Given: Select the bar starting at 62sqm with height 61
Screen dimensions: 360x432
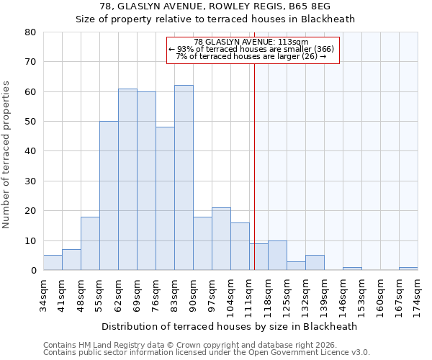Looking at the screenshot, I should tap(127, 179).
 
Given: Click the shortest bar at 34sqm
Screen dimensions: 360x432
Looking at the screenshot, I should tap(53, 263).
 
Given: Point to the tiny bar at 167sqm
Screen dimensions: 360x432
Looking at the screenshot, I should tap(408, 269).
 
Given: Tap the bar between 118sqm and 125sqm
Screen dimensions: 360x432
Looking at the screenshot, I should tap(277, 256).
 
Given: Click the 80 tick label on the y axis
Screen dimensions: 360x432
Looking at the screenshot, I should tap(30, 32).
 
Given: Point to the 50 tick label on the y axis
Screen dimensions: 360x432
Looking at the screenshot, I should tap(30, 122).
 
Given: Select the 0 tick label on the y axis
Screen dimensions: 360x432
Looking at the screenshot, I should tap(32, 271).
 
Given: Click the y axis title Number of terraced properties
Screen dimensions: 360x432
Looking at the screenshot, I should tap(7, 155).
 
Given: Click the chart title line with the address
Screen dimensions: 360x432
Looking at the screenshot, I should tap(215, 6).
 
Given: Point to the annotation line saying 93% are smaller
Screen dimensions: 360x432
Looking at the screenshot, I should tap(251, 49).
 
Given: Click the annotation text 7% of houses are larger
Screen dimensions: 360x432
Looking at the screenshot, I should tap(251, 56).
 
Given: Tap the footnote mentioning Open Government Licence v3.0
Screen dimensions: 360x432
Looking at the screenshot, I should tap(207, 352).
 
